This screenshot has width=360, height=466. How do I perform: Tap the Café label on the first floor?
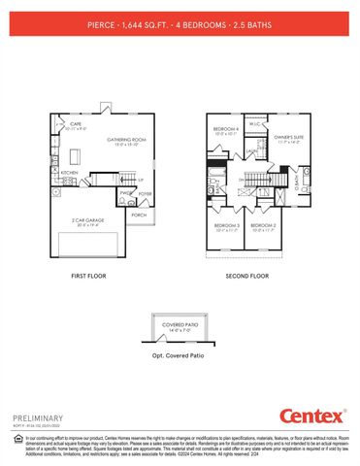[75, 124]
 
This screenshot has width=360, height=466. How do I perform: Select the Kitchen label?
[69, 173]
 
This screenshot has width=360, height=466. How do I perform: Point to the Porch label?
[139, 215]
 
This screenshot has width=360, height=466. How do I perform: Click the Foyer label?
[146, 193]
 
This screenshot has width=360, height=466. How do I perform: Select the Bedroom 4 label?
[225, 131]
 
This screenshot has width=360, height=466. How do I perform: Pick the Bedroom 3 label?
[226, 227]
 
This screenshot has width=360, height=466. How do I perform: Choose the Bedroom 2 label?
[264, 227]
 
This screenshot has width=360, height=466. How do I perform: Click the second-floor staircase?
[260, 182]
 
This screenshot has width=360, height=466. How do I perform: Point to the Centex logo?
[311, 416]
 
